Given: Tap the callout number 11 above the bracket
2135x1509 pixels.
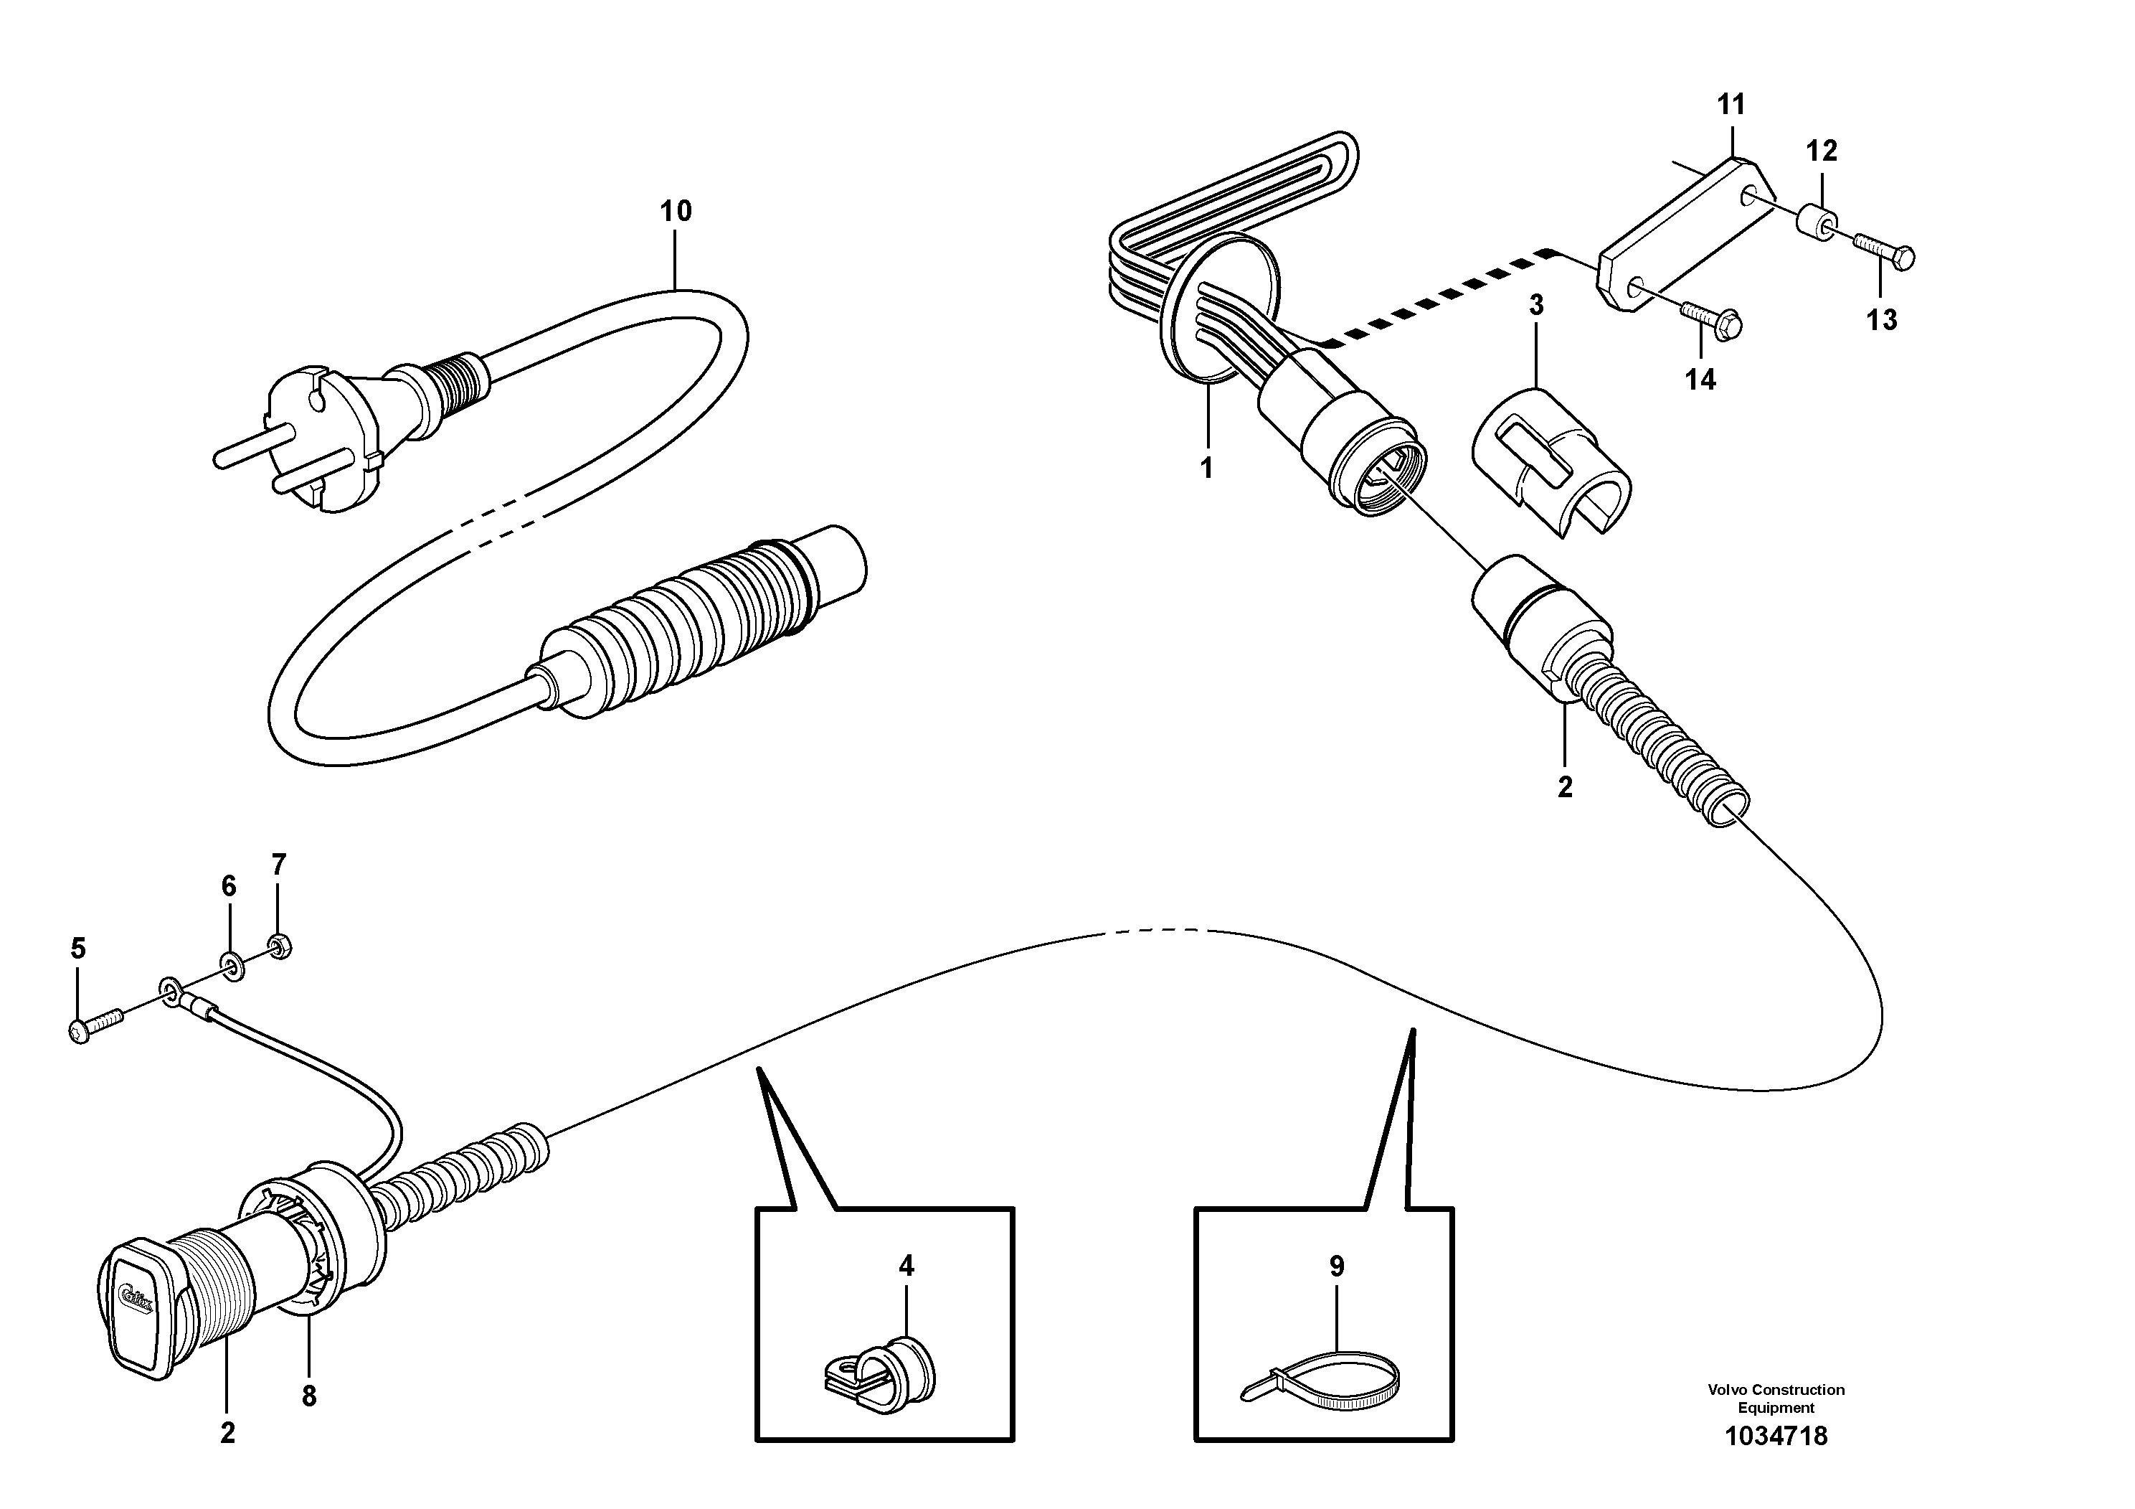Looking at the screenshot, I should click(x=1731, y=104).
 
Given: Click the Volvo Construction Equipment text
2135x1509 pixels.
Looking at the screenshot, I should click(x=1776, y=1398).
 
